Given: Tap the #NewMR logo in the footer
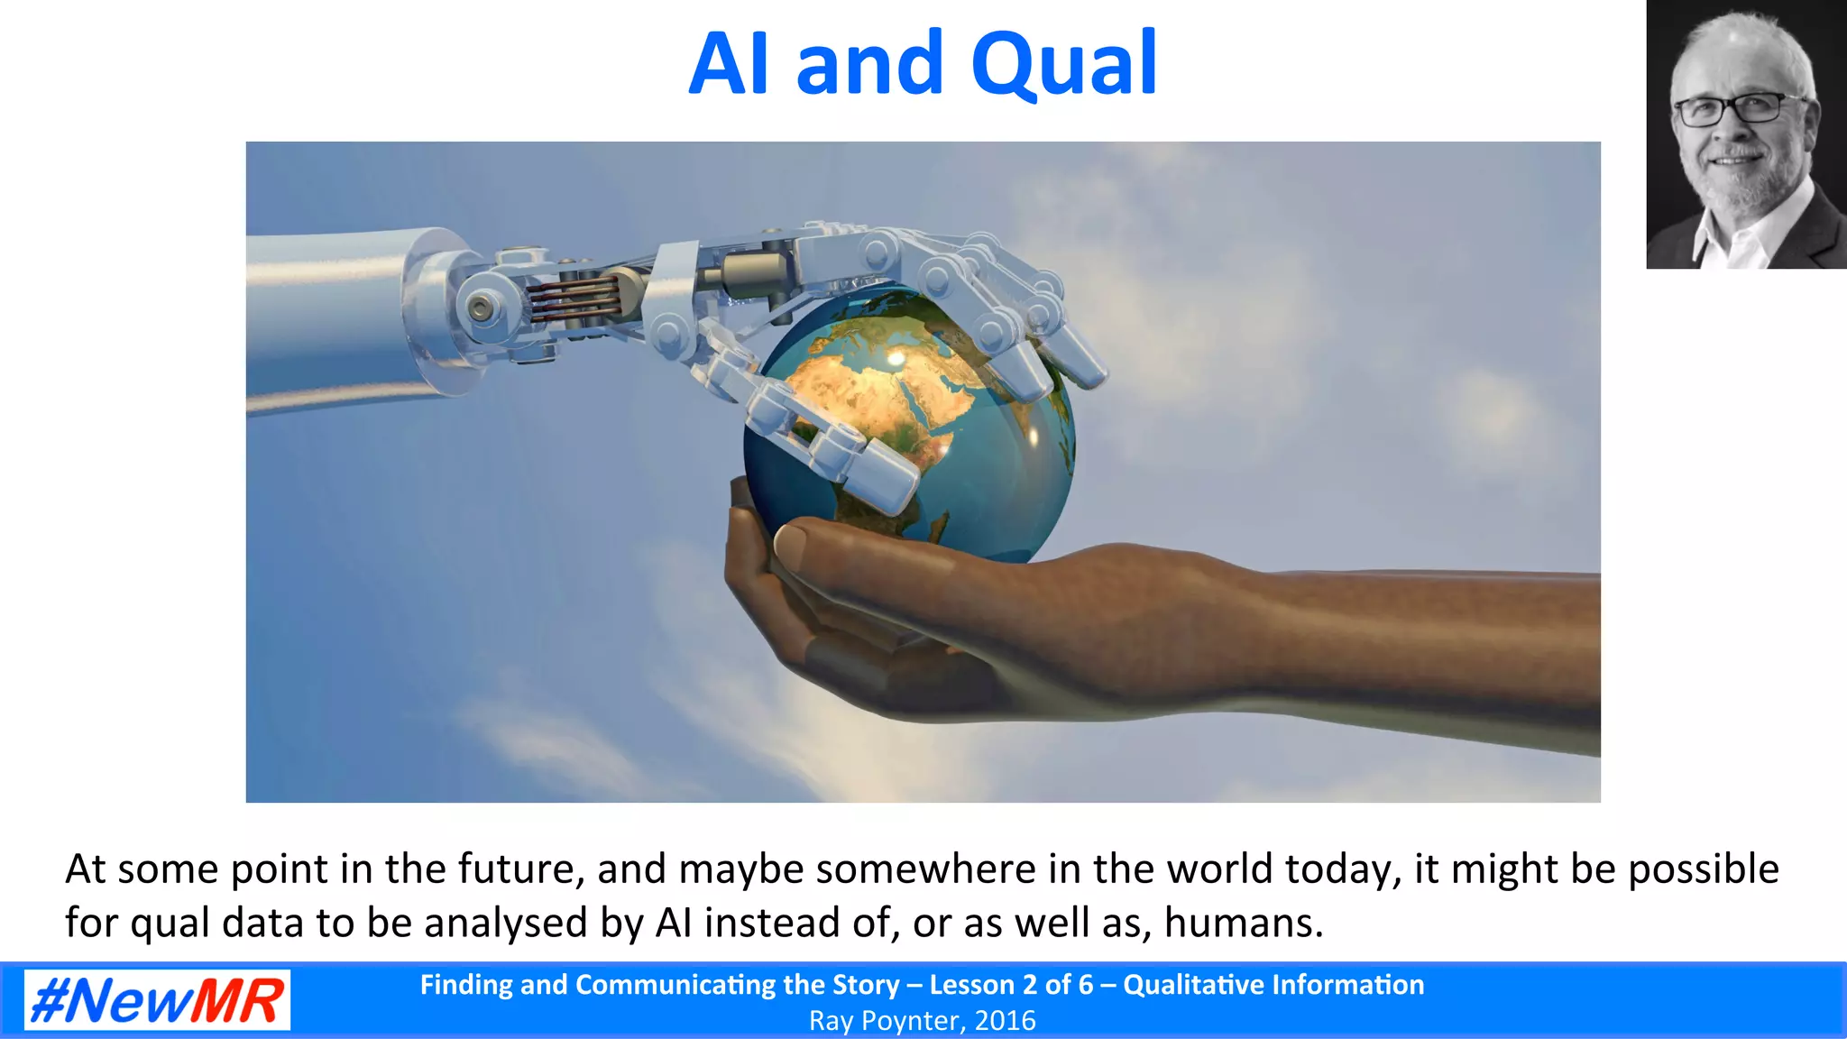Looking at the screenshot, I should [157, 999].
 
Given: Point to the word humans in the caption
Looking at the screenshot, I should [1243, 923].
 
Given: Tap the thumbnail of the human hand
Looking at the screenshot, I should [790, 544].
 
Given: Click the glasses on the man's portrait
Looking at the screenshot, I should [1730, 110].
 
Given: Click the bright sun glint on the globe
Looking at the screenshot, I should [895, 359].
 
